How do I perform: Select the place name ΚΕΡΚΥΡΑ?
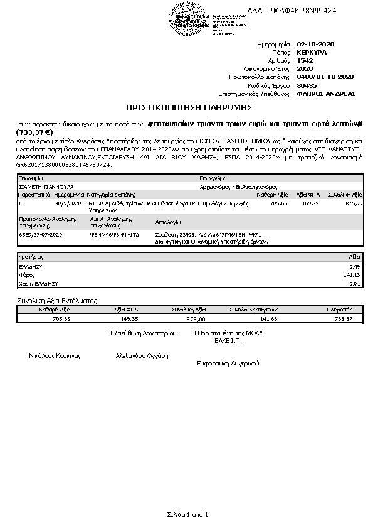(312, 53)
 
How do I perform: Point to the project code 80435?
(307, 85)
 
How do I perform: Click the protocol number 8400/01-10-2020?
(325, 77)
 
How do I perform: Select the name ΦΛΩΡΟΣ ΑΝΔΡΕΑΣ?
(326, 94)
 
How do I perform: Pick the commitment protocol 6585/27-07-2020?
(42, 234)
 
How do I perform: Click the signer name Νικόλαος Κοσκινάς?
(55, 355)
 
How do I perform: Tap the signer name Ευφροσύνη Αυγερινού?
(228, 363)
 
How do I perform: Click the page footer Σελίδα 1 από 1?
(187, 514)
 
